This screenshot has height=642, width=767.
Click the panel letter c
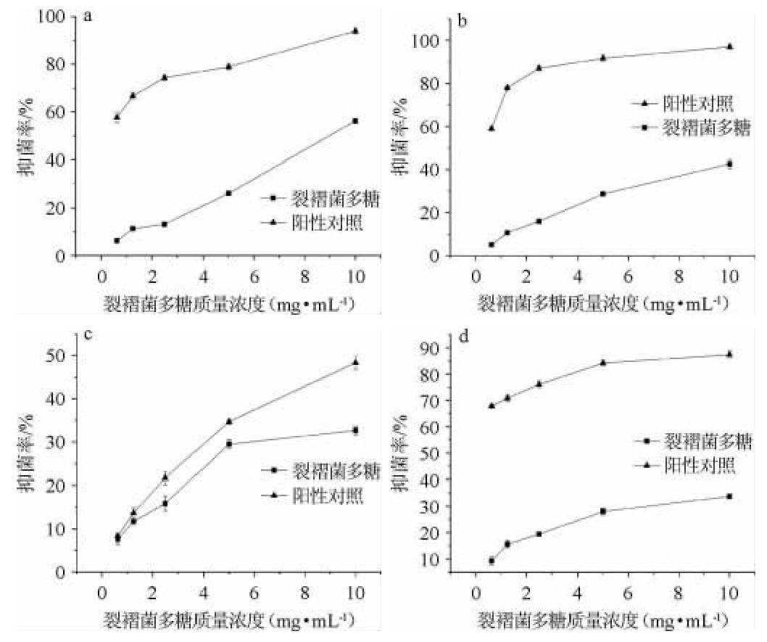[88, 336]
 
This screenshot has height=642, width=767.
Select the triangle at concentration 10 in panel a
[355, 30]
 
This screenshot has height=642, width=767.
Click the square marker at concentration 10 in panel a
[355, 120]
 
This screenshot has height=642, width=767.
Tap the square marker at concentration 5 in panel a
[228, 193]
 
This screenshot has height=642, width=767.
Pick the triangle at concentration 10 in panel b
[729, 46]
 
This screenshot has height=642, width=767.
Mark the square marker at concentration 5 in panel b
[602, 194]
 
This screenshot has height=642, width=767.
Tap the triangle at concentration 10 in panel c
[355, 362]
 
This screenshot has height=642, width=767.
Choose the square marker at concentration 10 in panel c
[355, 430]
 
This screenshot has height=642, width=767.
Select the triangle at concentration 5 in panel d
[602, 362]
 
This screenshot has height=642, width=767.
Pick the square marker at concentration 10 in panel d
[729, 496]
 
